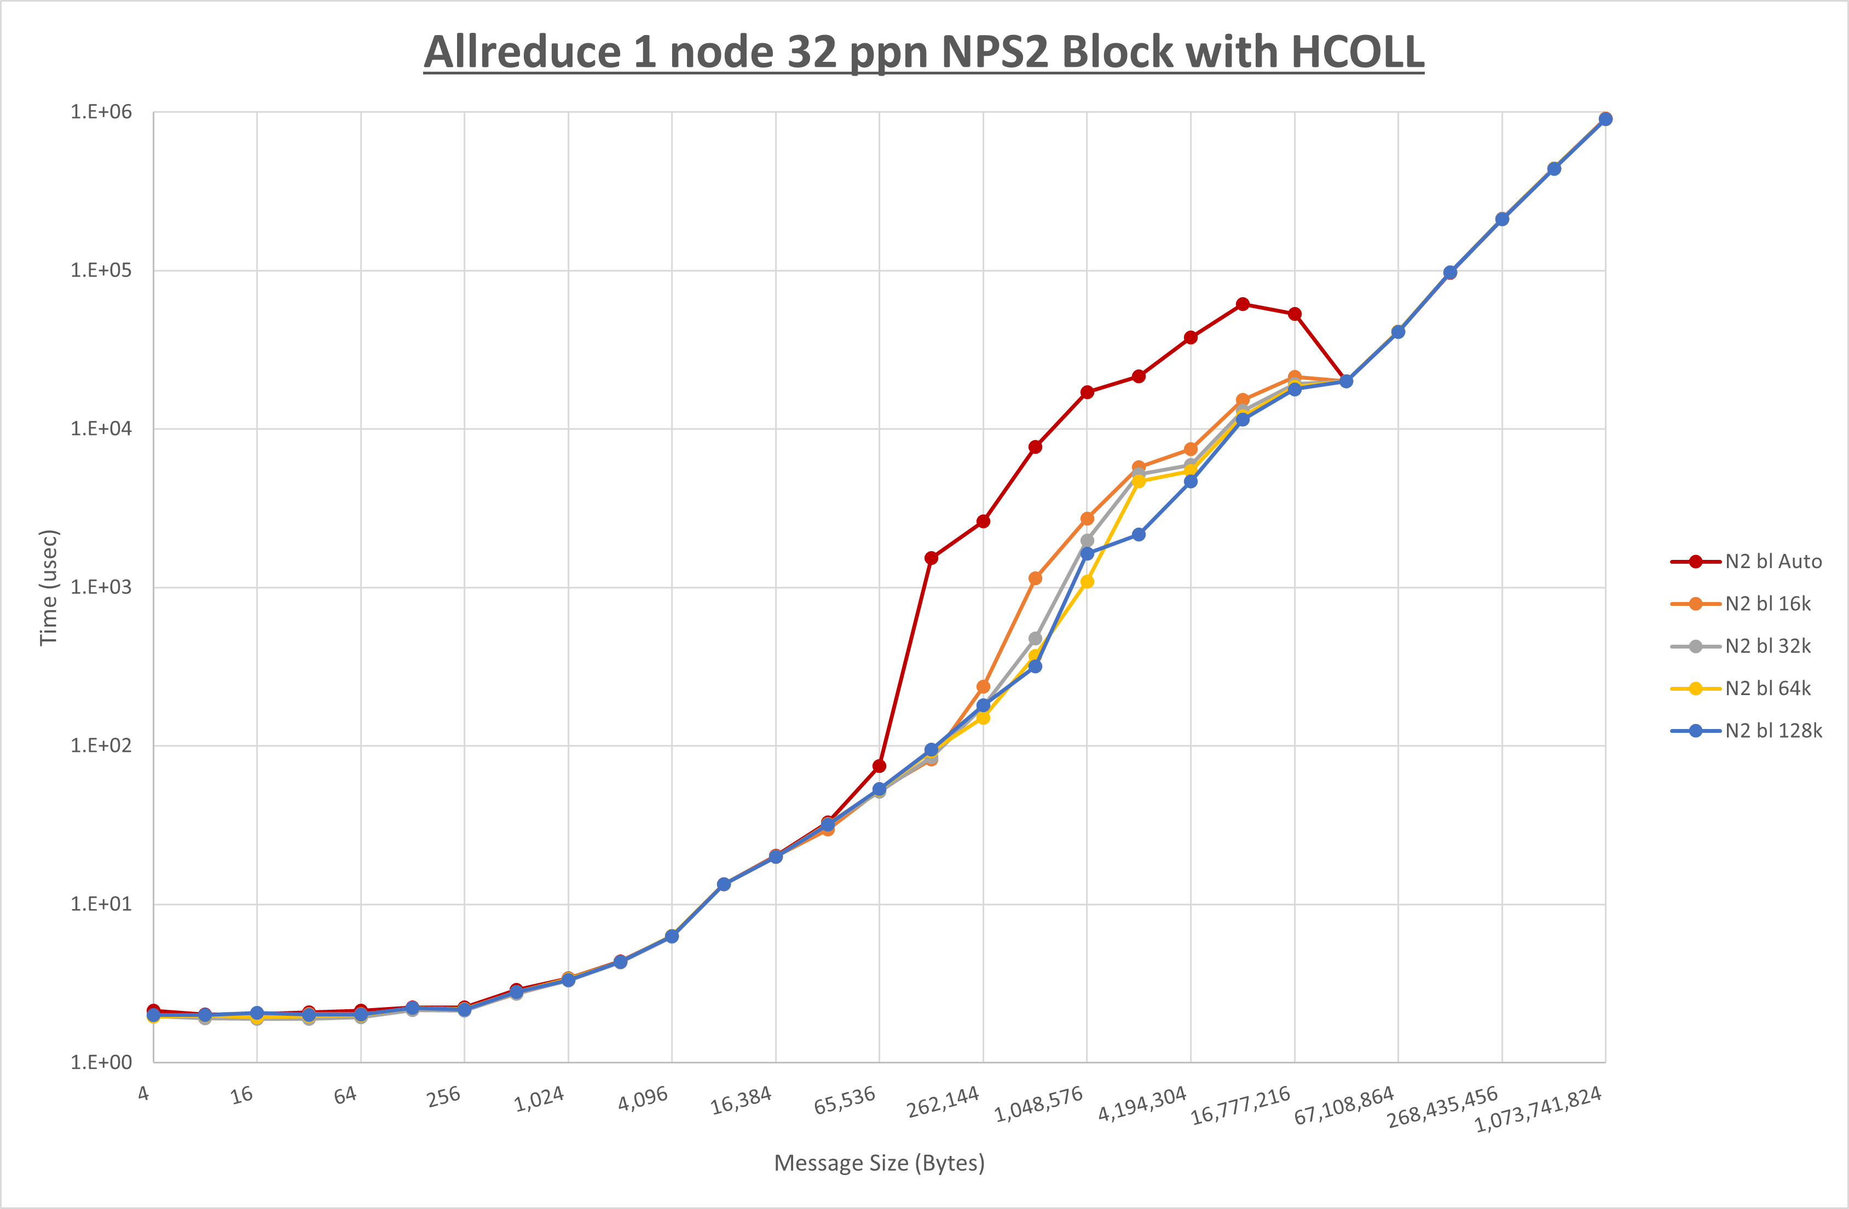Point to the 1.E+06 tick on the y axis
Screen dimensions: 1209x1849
[x=101, y=112]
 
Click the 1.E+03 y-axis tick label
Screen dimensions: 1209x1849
[x=101, y=587]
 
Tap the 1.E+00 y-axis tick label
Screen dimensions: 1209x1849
[x=101, y=1062]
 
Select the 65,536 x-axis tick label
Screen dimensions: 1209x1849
[x=845, y=1100]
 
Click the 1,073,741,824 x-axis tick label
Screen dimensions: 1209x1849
[x=1538, y=1109]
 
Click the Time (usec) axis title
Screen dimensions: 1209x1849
[x=48, y=587]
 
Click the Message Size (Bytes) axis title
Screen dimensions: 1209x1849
[x=880, y=1163]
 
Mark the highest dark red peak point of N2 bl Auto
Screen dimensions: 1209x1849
[x=1243, y=304]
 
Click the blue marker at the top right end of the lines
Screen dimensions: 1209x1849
[x=1605, y=119]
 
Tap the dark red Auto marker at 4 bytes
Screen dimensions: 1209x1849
[x=154, y=1010]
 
